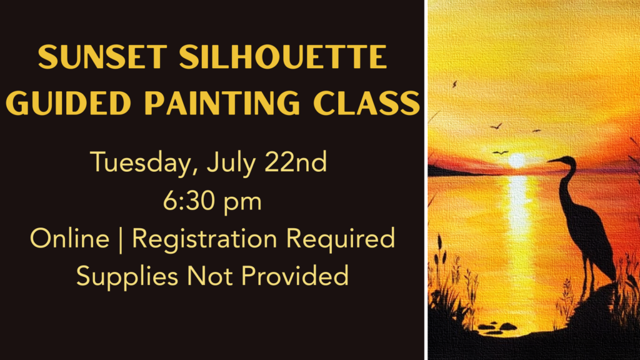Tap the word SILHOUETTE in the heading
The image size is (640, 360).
click(283, 56)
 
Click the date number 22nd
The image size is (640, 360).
click(296, 162)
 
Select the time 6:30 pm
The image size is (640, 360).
click(212, 201)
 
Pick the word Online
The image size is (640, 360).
click(70, 238)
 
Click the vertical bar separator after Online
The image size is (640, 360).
click(121, 240)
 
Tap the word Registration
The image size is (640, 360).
click(205, 239)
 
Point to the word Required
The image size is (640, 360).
click(341, 239)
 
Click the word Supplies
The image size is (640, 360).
click(127, 277)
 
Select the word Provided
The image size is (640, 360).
click(295, 276)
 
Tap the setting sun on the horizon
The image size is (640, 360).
click(517, 161)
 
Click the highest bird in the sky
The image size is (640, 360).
click(454, 84)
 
